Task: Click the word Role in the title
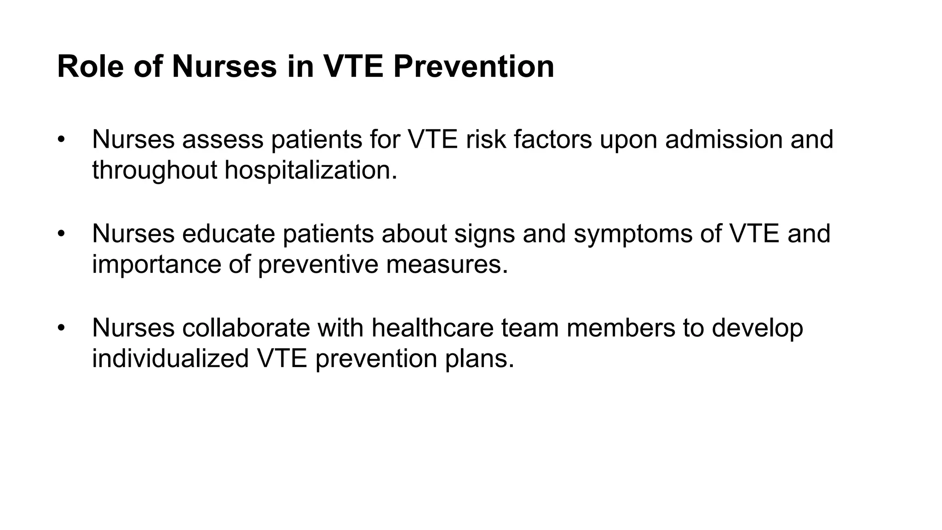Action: click(91, 67)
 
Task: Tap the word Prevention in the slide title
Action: click(474, 67)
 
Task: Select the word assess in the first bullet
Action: click(223, 139)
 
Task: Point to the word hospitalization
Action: click(310, 170)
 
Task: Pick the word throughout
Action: click(154, 170)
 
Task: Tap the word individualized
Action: click(170, 358)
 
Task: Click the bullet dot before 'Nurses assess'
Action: click(61, 139)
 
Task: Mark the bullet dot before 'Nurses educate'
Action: click(61, 234)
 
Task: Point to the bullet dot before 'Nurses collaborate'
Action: click(61, 328)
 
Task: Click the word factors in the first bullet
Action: click(552, 139)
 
